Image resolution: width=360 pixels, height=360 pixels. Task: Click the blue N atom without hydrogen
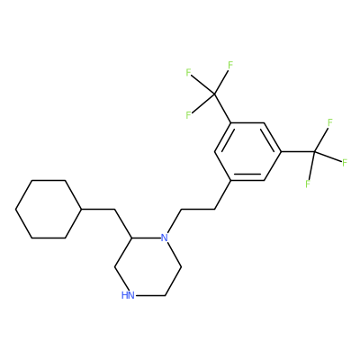164,238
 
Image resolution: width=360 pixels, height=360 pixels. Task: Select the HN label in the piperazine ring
128,295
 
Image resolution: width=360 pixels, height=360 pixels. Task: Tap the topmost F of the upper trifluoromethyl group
230,65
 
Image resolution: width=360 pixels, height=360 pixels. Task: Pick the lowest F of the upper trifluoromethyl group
188,115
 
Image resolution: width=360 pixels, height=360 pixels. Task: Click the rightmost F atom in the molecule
345,163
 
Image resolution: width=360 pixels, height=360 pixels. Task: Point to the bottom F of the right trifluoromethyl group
308,184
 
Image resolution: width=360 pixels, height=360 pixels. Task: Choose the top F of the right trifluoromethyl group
330,122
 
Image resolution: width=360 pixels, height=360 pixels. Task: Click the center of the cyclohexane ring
49,209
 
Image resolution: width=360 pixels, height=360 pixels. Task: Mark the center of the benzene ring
247,151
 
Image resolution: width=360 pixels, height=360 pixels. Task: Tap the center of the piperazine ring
148,266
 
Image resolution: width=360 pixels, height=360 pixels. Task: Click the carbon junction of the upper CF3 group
214,94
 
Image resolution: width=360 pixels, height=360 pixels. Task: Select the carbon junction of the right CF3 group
314,152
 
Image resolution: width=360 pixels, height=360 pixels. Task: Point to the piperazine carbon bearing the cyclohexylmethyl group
131,238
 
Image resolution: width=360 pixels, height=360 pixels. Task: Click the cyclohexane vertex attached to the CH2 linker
82,209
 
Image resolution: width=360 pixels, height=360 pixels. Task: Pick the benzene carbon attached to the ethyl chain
230,180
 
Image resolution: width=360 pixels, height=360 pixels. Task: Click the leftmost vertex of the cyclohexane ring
16,209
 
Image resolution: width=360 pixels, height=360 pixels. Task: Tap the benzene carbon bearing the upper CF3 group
230,122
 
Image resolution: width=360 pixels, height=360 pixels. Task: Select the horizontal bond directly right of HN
149,296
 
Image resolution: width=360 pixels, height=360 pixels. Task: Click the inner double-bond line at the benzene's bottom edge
247,175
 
